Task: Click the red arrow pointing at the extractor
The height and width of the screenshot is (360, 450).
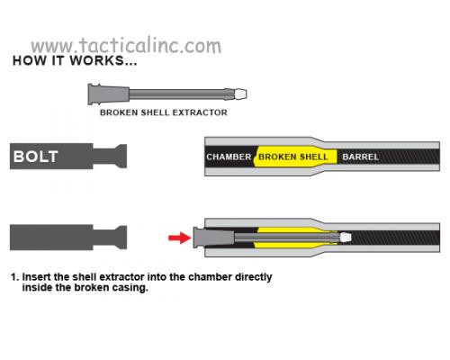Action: pyautogui.click(x=180, y=238)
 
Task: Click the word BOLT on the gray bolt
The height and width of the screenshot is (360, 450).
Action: pyautogui.click(x=36, y=157)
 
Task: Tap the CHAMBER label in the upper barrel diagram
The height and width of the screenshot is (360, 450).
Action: pyautogui.click(x=229, y=157)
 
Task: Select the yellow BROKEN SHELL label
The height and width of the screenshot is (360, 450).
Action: pyautogui.click(x=293, y=157)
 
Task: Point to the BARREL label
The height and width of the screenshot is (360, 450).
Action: pyautogui.click(x=361, y=157)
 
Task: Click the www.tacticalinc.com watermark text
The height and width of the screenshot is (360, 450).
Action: pyautogui.click(x=126, y=46)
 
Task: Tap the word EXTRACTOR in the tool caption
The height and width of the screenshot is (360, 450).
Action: pyautogui.click(x=200, y=112)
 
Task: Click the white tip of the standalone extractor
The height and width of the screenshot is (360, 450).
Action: pyautogui.click(x=240, y=94)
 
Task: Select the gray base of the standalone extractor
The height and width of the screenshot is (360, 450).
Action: pyautogui.click(x=108, y=94)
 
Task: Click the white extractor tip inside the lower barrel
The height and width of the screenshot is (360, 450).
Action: pyautogui.click(x=346, y=238)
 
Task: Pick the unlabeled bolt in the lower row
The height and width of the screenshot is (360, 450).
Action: pyautogui.click(x=68, y=238)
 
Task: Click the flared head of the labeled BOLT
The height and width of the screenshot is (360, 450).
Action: pyautogui.click(x=121, y=157)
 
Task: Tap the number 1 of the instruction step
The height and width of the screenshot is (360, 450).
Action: pyautogui.click(x=13, y=277)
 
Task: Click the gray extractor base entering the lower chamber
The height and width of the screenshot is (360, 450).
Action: pyautogui.click(x=213, y=238)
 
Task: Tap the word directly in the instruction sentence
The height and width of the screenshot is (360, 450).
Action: pyautogui.click(x=254, y=277)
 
